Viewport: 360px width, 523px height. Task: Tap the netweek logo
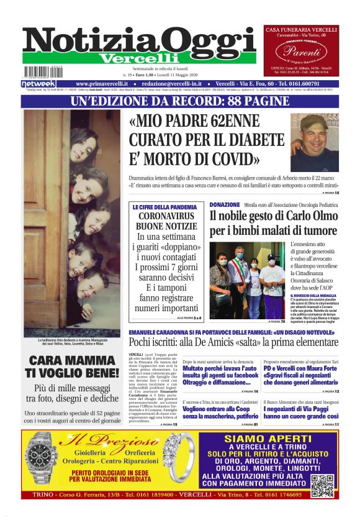pyautogui.click(x=38, y=83)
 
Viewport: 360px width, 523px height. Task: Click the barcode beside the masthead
pyautogui.click(x=43, y=71)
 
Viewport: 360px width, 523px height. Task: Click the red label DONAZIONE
pyautogui.click(x=225, y=204)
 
